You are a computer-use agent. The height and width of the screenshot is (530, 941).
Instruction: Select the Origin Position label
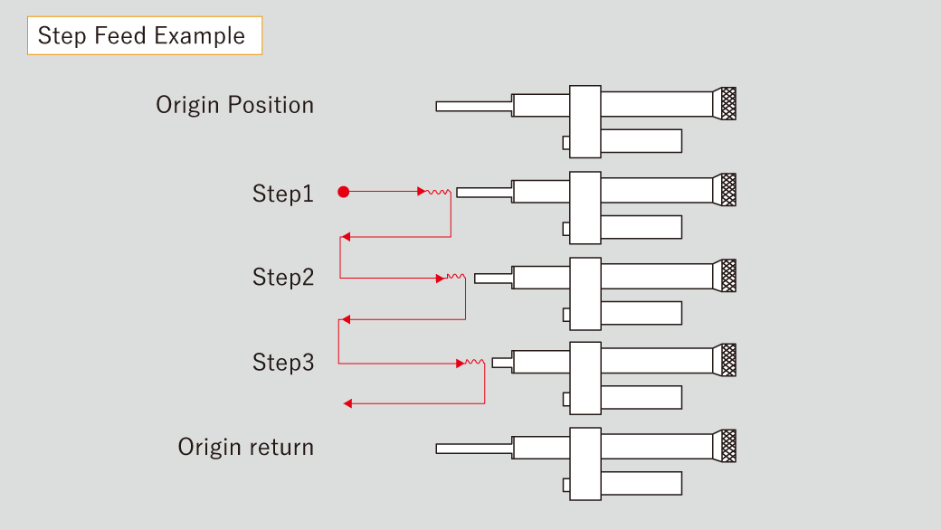234,105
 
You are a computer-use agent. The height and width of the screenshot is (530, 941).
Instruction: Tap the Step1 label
282,194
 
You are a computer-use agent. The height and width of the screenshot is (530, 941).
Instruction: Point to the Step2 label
282,278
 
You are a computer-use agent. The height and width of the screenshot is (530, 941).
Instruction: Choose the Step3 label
282,363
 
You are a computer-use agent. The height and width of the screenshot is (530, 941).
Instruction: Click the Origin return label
245,447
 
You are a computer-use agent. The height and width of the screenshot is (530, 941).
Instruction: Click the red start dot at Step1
343,192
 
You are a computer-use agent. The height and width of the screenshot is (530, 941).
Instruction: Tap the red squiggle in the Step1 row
440,192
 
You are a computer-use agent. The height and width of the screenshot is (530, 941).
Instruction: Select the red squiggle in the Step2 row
455,278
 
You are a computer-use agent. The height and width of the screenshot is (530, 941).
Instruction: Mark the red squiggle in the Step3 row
475,363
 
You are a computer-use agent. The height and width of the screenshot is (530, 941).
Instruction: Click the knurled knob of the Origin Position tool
726,104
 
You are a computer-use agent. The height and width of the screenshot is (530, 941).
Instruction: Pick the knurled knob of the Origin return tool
726,446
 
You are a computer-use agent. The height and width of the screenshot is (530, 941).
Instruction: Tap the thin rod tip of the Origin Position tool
472,106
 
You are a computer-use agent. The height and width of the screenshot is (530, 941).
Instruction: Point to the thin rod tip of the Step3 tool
502,363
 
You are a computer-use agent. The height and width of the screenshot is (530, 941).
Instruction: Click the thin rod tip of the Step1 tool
483,192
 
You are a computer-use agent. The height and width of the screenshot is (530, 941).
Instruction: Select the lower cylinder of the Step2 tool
641,313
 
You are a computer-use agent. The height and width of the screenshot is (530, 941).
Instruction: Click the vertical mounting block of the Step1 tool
585,207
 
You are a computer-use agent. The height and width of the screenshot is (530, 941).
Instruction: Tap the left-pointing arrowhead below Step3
348,403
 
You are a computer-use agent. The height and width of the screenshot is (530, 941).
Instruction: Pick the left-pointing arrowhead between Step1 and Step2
345,237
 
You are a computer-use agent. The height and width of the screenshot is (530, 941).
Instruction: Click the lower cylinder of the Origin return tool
641,484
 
